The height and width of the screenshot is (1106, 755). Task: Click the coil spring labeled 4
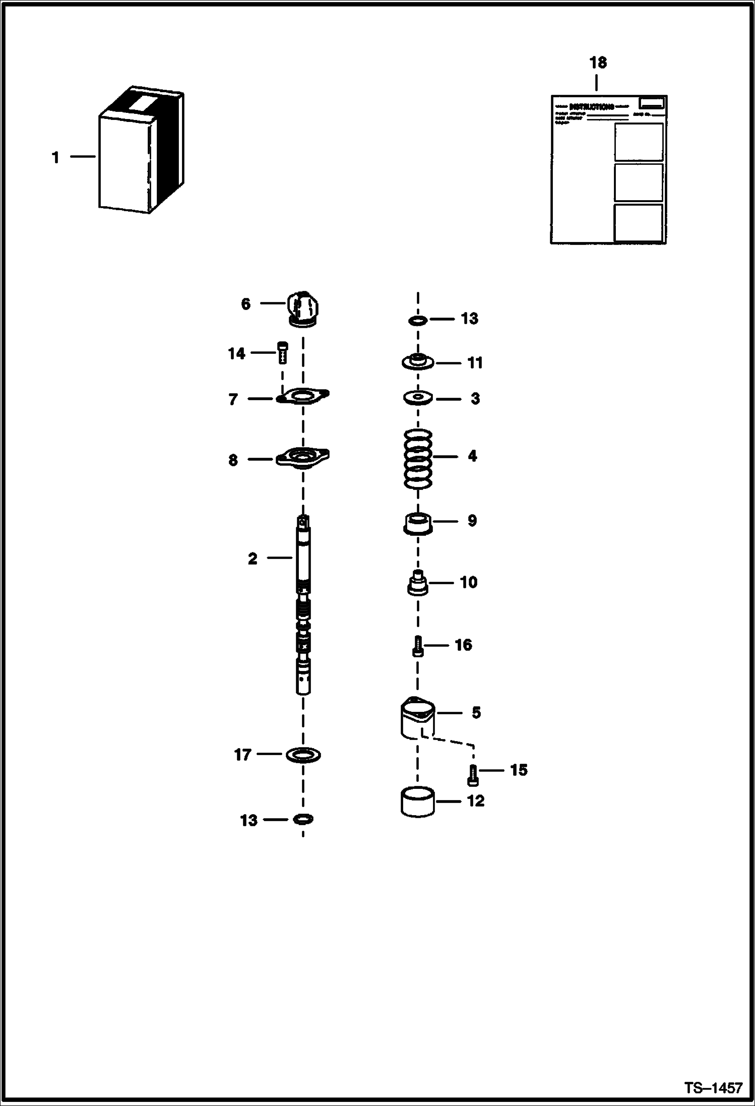click(x=418, y=458)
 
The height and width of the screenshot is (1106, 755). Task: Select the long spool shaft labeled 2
click(x=303, y=605)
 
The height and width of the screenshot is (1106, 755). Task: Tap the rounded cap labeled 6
click(x=304, y=308)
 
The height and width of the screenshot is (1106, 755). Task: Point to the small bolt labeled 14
click(x=282, y=352)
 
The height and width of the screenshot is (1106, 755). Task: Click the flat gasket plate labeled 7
click(x=302, y=396)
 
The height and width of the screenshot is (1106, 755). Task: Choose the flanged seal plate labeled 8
click(x=302, y=458)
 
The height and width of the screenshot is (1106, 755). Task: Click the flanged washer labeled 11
click(x=418, y=362)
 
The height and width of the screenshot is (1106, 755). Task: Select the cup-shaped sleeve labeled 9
click(x=418, y=523)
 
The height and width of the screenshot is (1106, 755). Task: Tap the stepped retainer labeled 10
click(x=418, y=584)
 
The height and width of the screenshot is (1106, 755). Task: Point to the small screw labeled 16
click(x=418, y=646)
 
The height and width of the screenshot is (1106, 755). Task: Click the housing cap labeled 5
click(x=418, y=715)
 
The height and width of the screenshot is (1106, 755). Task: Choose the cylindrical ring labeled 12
click(x=418, y=802)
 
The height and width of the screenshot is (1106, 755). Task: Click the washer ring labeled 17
click(x=303, y=755)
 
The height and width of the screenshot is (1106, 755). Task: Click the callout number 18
click(x=598, y=63)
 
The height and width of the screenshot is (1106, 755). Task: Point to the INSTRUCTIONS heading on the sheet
click(x=591, y=107)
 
